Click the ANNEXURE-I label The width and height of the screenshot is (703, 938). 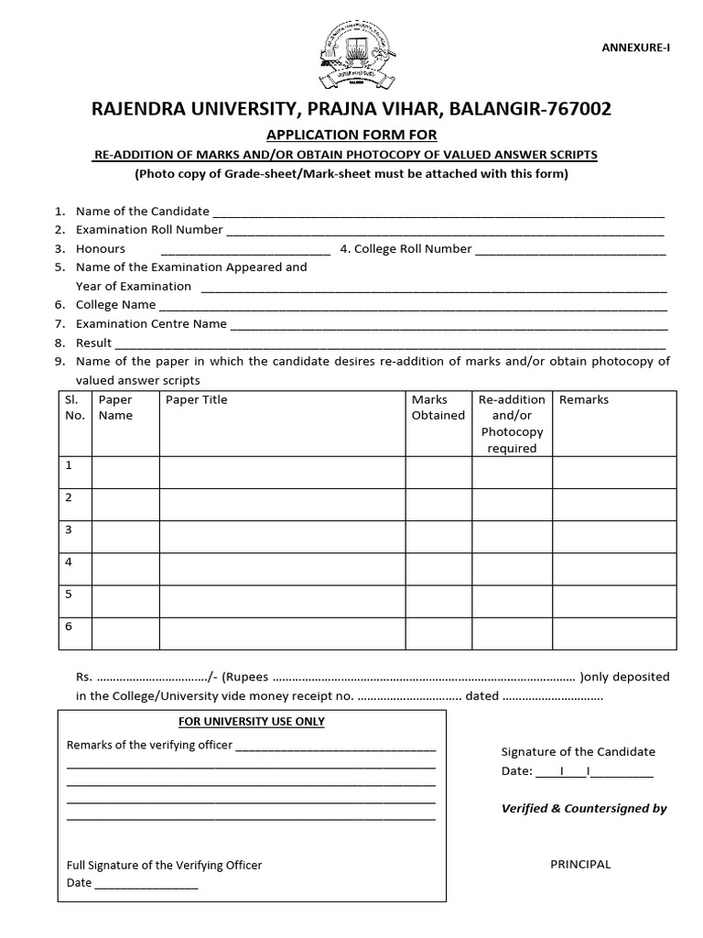click(639, 47)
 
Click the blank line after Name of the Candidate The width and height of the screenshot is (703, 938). click(438, 212)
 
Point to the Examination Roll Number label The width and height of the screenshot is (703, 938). click(149, 230)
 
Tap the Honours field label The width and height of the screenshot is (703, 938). click(101, 249)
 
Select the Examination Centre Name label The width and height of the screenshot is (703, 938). click(151, 324)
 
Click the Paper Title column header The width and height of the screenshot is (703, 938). click(196, 400)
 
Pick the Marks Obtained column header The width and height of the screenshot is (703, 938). click(438, 408)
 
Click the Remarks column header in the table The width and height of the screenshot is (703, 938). click(583, 400)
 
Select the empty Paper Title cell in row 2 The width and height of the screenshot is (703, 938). click(282, 504)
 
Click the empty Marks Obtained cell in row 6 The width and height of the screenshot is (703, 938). click(438, 633)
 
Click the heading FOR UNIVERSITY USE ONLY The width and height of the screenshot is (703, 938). click(252, 722)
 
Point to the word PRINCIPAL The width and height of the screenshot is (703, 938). click(580, 865)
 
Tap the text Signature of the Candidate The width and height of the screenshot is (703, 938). click(578, 752)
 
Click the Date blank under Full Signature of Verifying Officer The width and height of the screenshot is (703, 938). click(146, 884)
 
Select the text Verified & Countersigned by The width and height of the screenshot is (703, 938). click(584, 809)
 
